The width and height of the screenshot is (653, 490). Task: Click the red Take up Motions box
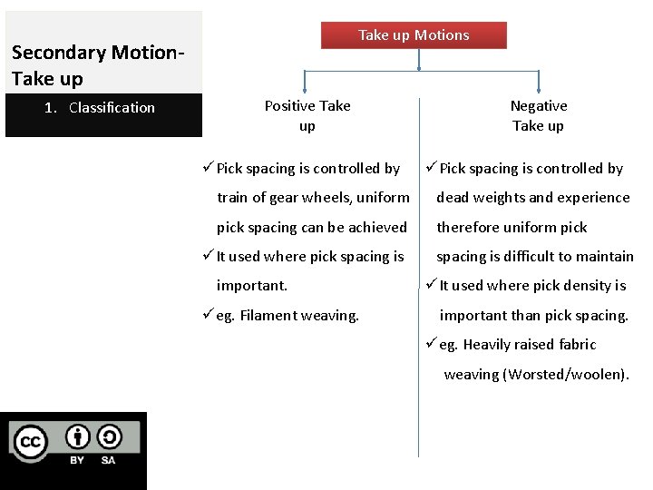tap(414, 35)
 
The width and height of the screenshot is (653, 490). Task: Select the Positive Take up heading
tap(307, 115)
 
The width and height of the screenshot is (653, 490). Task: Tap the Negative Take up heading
tap(538, 115)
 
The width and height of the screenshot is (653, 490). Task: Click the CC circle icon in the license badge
tap(29, 442)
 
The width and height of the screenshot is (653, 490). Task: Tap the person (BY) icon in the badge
tap(77, 437)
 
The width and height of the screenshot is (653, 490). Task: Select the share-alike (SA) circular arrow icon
tap(108, 437)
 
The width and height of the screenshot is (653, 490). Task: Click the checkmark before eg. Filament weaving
tap(208, 315)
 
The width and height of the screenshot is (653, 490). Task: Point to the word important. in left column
tap(252, 286)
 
